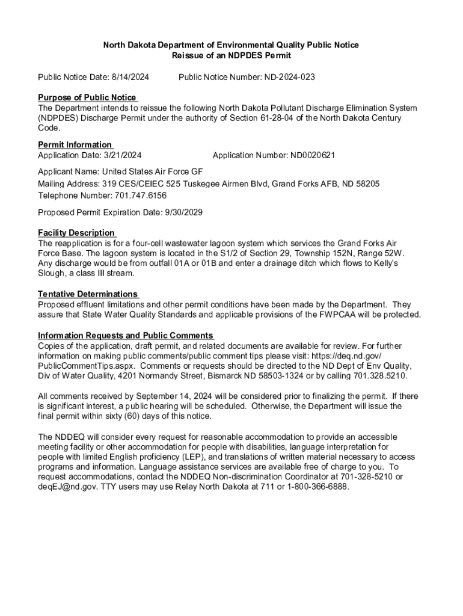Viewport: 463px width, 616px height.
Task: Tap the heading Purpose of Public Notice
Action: pyautogui.click(x=87, y=97)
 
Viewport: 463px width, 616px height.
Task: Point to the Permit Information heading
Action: pyautogui.click(x=75, y=144)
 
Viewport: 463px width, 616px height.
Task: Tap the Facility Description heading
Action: pyautogui.click(x=76, y=233)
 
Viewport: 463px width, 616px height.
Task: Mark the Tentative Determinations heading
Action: pyautogui.click(x=88, y=294)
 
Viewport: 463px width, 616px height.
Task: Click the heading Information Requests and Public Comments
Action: pyautogui.click(x=126, y=336)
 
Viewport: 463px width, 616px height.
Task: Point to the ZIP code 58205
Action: pyautogui.click(x=367, y=183)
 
